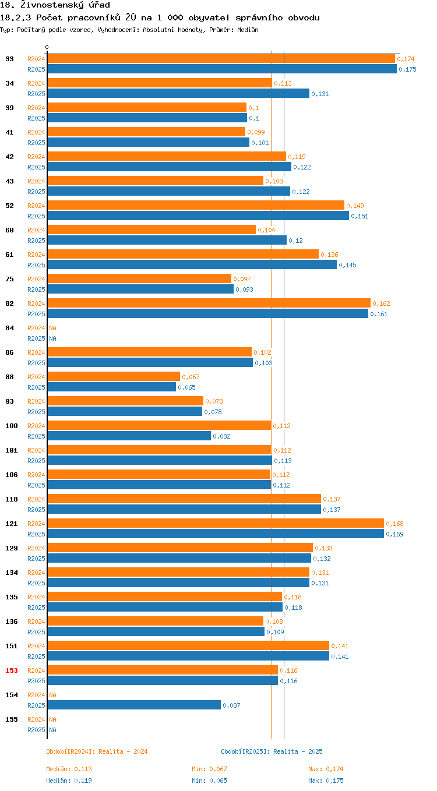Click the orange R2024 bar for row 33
221,59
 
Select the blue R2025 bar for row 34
178,93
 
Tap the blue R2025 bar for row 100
129,436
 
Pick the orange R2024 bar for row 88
114,376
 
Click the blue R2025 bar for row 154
134,705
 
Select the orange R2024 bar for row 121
216,524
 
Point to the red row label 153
12,670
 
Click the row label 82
10,303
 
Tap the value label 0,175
407,69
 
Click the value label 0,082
221,436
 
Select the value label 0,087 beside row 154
231,705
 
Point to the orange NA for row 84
52,328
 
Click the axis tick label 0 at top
47,47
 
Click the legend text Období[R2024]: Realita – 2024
97,751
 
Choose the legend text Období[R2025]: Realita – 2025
272,751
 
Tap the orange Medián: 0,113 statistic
69,769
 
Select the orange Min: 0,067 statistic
209,769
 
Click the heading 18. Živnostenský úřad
55,5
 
